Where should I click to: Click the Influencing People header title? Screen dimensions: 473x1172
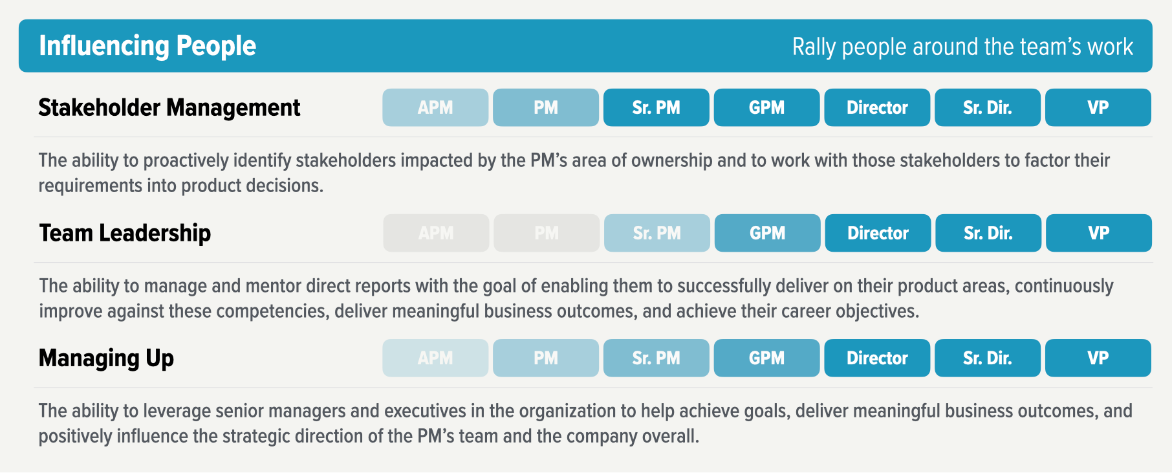point(147,46)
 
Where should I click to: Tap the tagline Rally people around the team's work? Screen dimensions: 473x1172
point(962,47)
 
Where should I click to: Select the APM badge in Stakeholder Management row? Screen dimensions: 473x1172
point(435,107)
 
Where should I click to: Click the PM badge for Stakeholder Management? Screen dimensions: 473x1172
point(546,107)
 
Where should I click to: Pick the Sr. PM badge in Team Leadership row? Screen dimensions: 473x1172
point(657,233)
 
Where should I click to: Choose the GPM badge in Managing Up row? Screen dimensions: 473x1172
point(766,358)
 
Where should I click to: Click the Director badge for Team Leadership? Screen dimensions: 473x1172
point(878,233)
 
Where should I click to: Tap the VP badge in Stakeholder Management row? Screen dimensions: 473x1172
point(1098,107)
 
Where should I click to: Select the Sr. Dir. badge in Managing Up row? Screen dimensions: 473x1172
point(987,358)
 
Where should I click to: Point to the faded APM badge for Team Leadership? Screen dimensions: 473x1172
point(436,233)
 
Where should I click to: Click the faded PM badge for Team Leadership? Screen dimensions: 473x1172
point(547,233)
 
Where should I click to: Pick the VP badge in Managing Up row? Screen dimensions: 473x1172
point(1098,358)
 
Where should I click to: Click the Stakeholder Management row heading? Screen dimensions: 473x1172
point(169,107)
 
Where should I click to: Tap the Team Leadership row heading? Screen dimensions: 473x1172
point(125,233)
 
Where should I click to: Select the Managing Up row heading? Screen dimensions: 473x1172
point(106,358)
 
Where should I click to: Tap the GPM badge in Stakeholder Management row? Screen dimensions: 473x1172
point(766,107)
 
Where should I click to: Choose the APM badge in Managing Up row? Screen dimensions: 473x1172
point(435,358)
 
